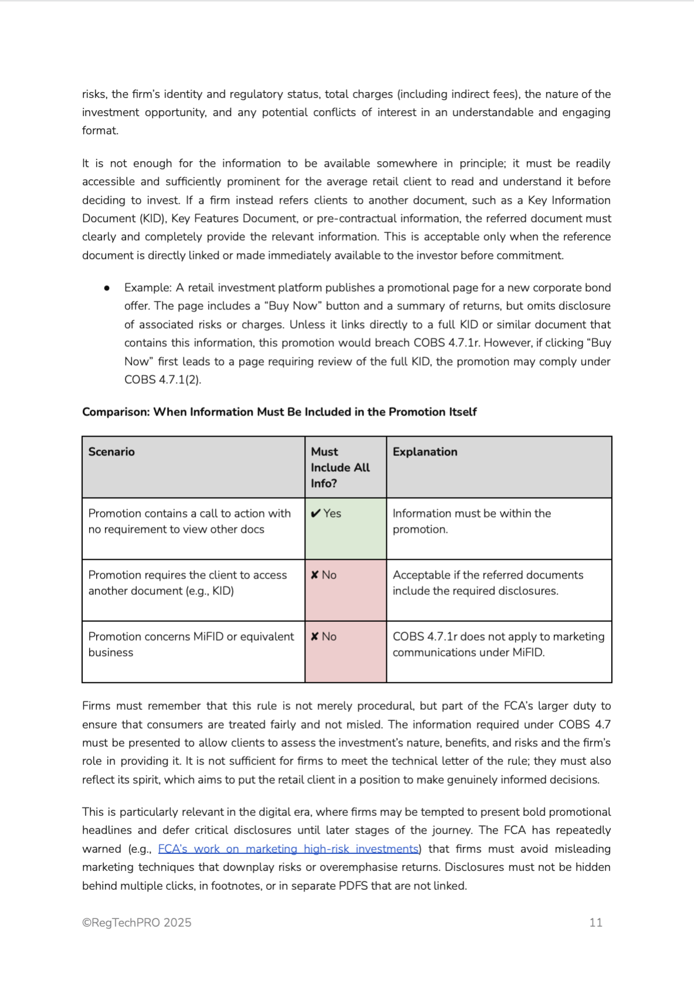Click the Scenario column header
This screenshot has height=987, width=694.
(x=111, y=452)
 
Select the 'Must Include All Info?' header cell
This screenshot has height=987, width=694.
(x=340, y=467)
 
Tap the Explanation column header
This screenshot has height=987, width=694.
(x=425, y=452)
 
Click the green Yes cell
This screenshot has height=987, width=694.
(x=345, y=528)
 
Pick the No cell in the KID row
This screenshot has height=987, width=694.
(x=345, y=590)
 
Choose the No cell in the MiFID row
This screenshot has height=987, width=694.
(x=345, y=651)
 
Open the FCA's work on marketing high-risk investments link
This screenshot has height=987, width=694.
(x=288, y=849)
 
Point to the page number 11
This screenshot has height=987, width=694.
(x=596, y=923)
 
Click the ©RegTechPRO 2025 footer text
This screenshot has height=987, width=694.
(x=137, y=923)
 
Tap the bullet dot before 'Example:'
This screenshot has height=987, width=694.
(x=107, y=288)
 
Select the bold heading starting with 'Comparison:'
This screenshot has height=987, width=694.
(x=279, y=412)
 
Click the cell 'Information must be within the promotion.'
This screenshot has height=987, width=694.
(x=471, y=521)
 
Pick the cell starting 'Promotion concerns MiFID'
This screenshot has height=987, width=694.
(x=191, y=644)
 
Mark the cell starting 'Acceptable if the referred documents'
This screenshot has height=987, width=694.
(x=488, y=583)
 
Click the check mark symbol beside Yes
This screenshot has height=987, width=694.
(x=315, y=513)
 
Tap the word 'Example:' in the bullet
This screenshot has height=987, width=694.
(x=148, y=288)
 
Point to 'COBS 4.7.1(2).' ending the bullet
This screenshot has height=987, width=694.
(x=162, y=380)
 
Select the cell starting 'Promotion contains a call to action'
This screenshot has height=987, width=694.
(x=189, y=521)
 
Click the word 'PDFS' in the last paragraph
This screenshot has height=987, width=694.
(x=353, y=886)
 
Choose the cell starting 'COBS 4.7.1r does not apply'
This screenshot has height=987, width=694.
(x=498, y=644)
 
